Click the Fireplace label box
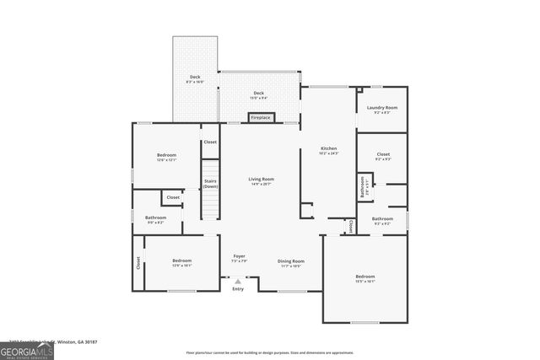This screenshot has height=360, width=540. click(262, 118)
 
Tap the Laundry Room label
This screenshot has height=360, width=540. click(381, 109)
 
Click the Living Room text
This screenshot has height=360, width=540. click(261, 180)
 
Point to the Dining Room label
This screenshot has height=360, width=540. click(291, 262)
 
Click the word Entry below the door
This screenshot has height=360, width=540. click(238, 288)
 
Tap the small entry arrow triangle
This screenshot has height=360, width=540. click(238, 281)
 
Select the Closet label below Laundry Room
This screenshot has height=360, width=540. click(382, 156)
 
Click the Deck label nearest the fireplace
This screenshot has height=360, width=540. click(258, 94)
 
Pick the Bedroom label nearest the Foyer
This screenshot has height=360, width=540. click(182, 262)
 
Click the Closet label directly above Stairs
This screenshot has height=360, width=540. click(210, 142)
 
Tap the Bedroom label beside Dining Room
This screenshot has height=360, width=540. click(364, 278)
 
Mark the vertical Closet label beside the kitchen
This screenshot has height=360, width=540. click(350, 226)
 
